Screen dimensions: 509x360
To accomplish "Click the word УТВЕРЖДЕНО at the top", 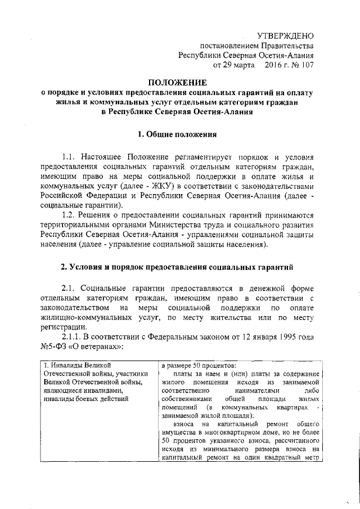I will (285, 35).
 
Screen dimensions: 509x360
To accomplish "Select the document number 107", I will (305, 65).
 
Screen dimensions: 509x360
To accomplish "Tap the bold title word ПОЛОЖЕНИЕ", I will (178, 82).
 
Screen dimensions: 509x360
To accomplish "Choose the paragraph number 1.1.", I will (69, 157).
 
